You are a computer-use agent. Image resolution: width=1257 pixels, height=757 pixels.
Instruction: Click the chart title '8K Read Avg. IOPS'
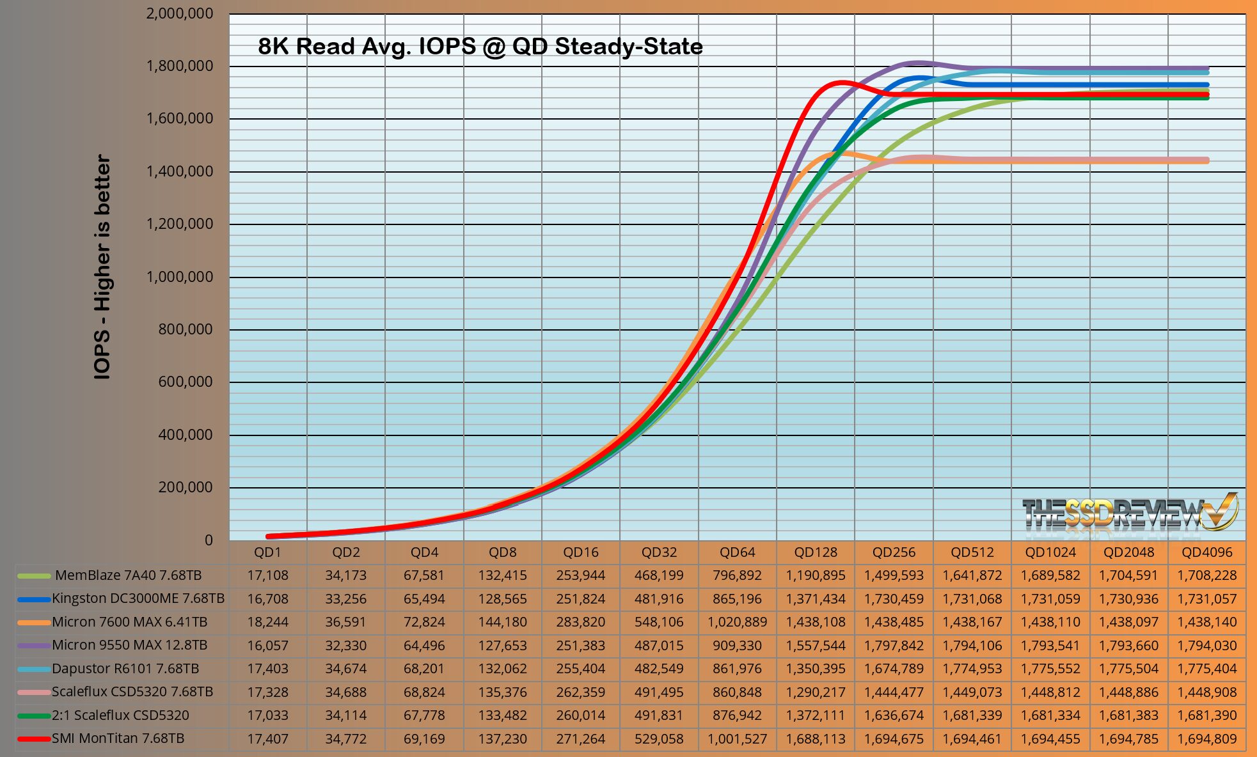[x=480, y=47]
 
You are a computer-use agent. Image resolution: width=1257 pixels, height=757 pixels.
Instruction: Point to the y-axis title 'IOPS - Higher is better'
[x=102, y=267]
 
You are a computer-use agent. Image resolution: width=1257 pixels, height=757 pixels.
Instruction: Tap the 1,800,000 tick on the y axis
[x=180, y=66]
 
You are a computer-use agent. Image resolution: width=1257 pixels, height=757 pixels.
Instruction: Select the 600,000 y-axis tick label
[x=185, y=382]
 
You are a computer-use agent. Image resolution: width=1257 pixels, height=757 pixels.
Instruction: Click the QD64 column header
[x=737, y=552]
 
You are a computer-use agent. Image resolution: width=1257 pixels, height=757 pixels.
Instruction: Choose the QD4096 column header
[x=1206, y=552]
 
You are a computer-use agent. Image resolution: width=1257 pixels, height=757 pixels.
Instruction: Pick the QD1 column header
[x=267, y=552]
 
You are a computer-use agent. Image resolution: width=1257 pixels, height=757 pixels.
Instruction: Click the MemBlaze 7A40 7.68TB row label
[x=128, y=575]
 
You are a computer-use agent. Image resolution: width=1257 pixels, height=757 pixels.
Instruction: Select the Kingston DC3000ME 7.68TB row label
[x=138, y=598]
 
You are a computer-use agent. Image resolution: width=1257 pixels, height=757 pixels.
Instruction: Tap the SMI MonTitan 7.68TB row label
[x=118, y=738]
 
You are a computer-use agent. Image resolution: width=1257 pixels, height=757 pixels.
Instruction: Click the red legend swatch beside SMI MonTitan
[x=34, y=739]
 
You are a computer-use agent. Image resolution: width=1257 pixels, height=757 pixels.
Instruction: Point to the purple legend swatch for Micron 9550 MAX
[x=34, y=646]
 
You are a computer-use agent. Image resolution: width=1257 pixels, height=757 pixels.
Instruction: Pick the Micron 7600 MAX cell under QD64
[x=737, y=622]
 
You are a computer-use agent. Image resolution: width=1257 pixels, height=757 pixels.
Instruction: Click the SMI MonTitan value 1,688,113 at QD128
[x=816, y=739]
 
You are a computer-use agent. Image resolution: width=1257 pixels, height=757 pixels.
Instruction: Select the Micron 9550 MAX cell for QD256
[x=894, y=646]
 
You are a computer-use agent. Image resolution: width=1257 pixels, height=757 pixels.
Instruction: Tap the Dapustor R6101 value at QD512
[x=972, y=669]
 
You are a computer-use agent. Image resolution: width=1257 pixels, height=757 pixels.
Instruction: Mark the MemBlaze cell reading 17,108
[x=267, y=575]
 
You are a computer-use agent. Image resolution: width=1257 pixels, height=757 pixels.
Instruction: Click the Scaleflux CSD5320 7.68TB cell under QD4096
[x=1206, y=692]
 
